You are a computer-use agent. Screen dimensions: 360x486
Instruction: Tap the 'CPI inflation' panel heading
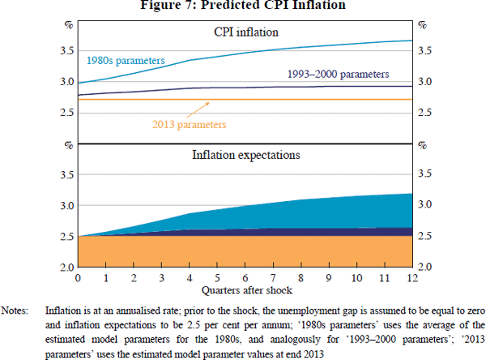(x=245, y=33)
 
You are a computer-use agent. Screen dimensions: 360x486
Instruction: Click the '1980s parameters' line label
(x=126, y=60)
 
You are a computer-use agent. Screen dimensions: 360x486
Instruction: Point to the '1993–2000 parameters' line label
(x=338, y=74)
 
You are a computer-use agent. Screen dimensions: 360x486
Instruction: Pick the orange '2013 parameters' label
(x=189, y=124)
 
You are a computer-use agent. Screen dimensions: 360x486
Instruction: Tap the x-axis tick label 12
(x=413, y=278)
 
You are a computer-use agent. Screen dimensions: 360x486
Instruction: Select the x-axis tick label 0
(x=78, y=278)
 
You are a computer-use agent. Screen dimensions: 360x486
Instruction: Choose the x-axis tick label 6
(x=245, y=278)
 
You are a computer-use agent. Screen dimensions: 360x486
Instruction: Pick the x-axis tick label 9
(x=329, y=278)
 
